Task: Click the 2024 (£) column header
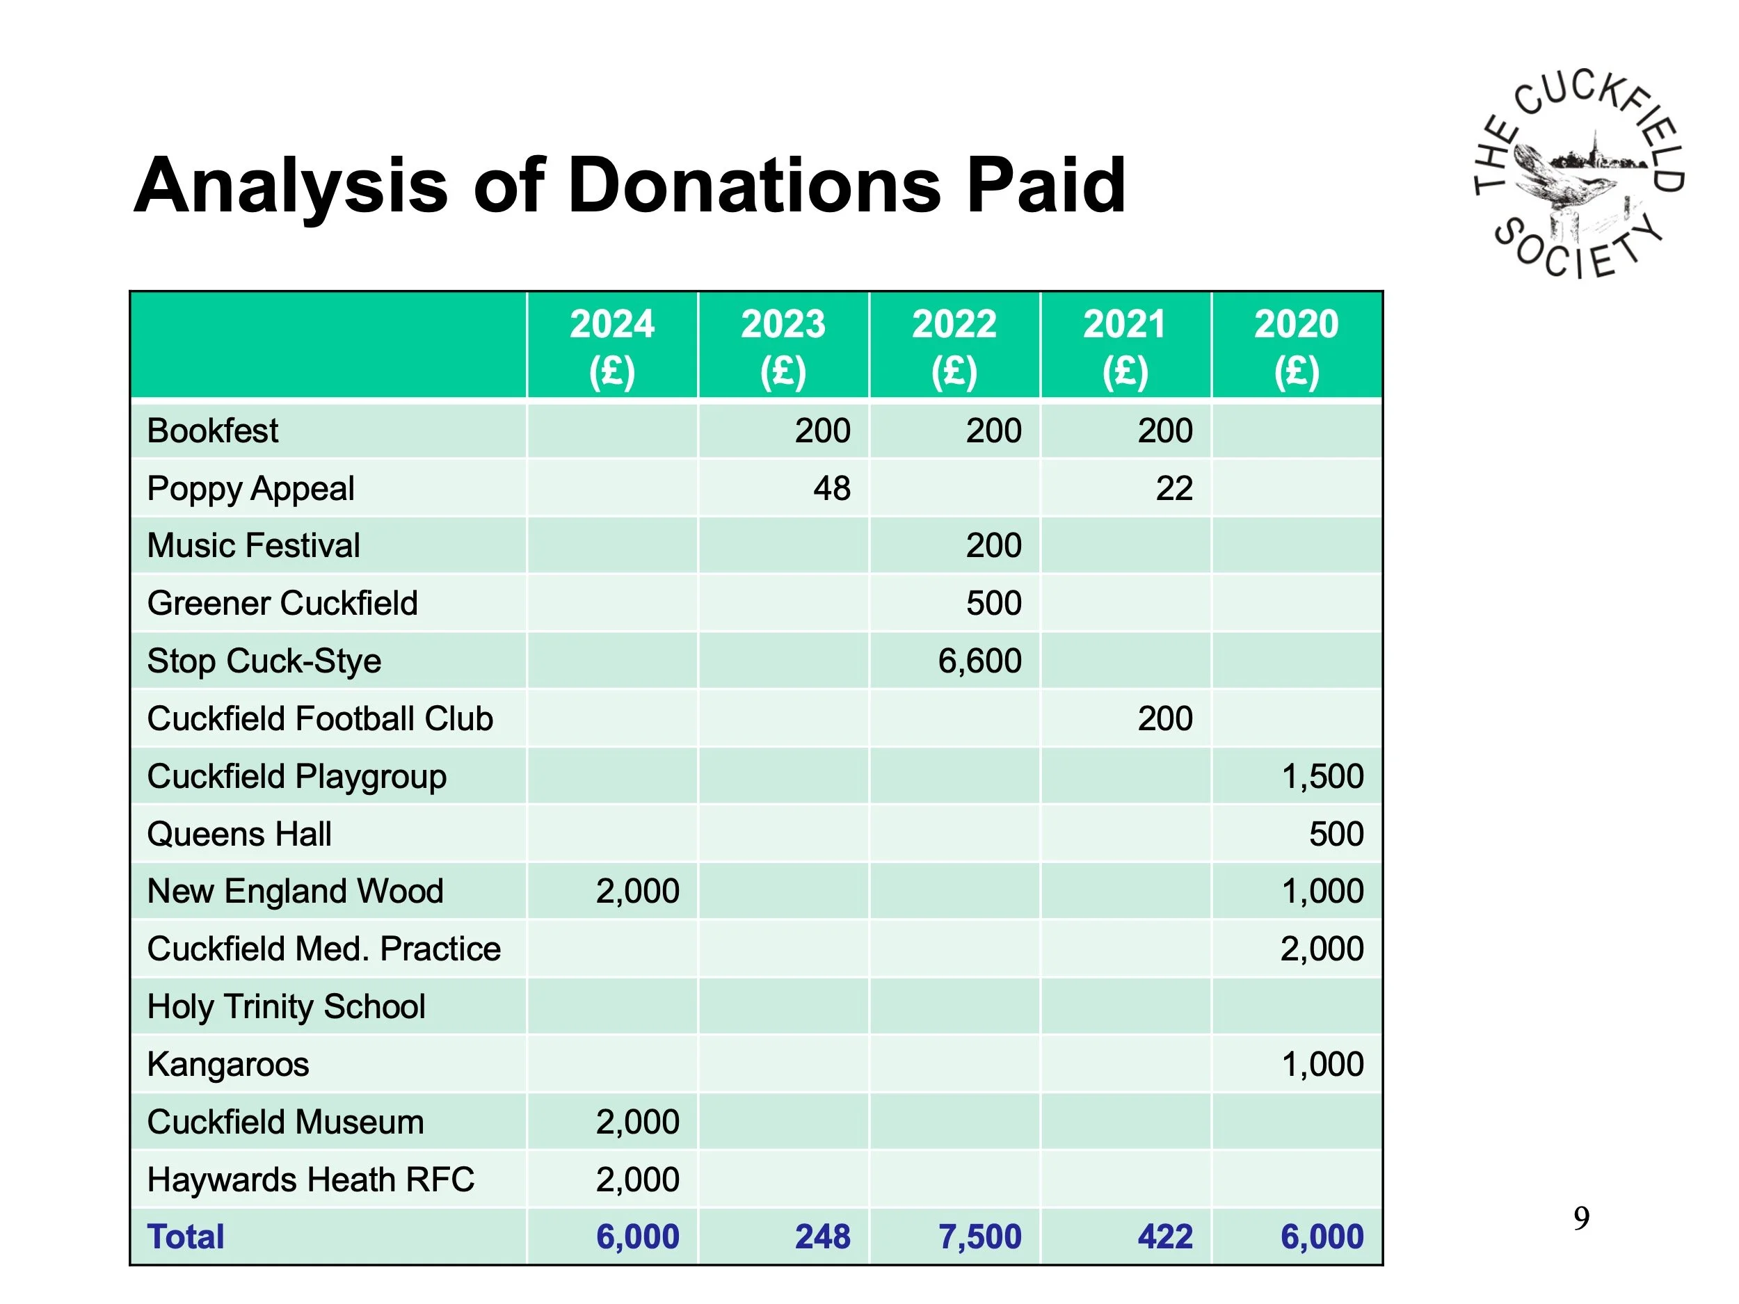(x=611, y=346)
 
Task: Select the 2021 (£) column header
(x=1125, y=346)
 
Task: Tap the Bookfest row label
(x=212, y=430)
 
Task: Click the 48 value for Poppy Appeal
(x=831, y=488)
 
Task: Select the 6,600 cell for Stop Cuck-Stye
(x=979, y=661)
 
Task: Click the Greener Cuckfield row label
(x=282, y=604)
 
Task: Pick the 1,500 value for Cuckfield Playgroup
(x=1322, y=777)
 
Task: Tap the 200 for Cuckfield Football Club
(x=1164, y=718)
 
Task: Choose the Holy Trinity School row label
(x=286, y=1007)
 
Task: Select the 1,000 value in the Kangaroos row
(x=1322, y=1064)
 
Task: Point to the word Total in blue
(x=186, y=1237)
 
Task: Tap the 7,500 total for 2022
(x=979, y=1237)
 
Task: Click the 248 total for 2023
(x=822, y=1237)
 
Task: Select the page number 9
(x=1581, y=1218)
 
